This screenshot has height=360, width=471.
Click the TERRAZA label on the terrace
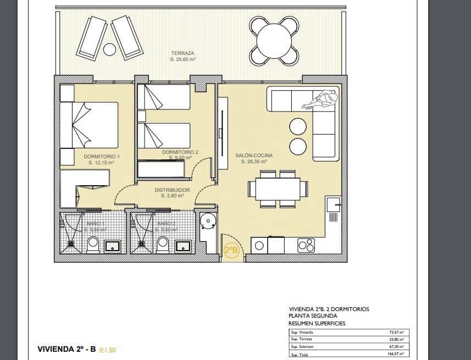[x=182, y=53]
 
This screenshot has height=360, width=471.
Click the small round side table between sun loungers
[x=110, y=49]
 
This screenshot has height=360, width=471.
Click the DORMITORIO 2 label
[x=180, y=152]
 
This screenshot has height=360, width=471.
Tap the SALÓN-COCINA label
[x=254, y=156]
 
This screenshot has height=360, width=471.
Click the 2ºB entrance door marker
[x=231, y=252]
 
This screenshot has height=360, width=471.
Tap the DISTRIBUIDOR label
[x=172, y=190]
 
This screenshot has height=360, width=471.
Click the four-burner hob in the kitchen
[x=306, y=245]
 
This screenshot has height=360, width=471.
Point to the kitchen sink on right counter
[x=333, y=204]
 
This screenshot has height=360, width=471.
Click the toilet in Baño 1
[x=93, y=243]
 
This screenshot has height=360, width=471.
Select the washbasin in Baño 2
[x=181, y=245]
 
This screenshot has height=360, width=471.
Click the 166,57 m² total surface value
[x=395, y=354]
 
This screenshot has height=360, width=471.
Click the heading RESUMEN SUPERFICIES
[x=317, y=324]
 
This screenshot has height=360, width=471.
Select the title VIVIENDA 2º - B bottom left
[x=67, y=349]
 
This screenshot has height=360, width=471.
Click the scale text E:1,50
[x=108, y=350]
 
